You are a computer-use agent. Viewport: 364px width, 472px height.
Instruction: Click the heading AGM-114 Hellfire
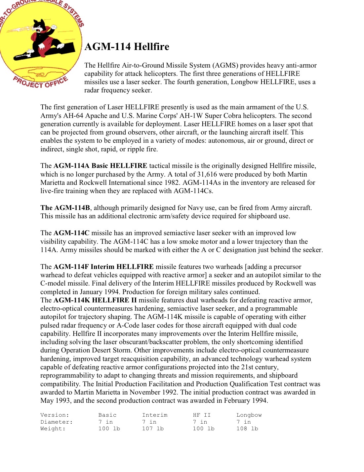[127, 47]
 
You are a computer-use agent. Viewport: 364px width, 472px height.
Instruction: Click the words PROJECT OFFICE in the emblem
[40, 82]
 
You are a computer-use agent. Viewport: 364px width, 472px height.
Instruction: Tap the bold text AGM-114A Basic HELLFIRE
[100, 166]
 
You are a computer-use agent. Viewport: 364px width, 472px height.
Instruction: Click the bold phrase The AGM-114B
[65, 208]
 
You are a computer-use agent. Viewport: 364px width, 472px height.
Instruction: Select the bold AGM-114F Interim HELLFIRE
[103, 267]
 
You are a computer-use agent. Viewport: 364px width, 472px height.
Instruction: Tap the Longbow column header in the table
[249, 415]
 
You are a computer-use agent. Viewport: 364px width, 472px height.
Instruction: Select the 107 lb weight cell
[153, 429]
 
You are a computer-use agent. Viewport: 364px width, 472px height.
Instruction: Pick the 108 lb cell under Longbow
[247, 429]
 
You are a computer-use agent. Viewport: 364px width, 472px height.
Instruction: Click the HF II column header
[202, 415]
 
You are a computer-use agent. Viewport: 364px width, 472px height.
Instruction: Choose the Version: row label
[55, 415]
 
